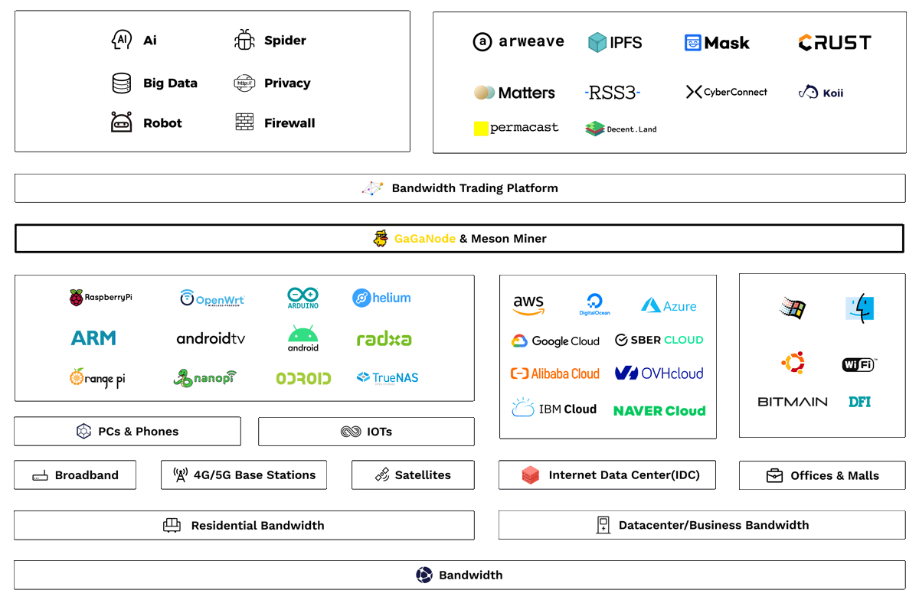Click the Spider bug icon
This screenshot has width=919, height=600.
244,40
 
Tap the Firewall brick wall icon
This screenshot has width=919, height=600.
244,122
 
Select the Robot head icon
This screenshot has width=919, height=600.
122,122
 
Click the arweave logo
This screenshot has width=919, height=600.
518,42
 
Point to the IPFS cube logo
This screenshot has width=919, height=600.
597,42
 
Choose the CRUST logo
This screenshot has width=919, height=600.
835,43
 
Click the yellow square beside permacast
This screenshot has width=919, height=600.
481,129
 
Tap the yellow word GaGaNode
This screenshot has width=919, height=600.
425,239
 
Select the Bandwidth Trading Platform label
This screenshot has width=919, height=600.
475,188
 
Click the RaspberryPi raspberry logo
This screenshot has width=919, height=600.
77,298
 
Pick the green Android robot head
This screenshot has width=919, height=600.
303,334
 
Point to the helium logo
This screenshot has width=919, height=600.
381,298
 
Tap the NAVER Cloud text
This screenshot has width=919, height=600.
659,411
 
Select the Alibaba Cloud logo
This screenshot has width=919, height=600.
555,373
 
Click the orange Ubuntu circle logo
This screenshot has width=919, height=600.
793,362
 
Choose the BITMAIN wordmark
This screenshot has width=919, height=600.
793,402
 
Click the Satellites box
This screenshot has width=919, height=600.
413,475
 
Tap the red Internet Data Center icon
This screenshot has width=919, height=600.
531,475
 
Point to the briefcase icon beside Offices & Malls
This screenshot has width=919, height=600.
774,476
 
